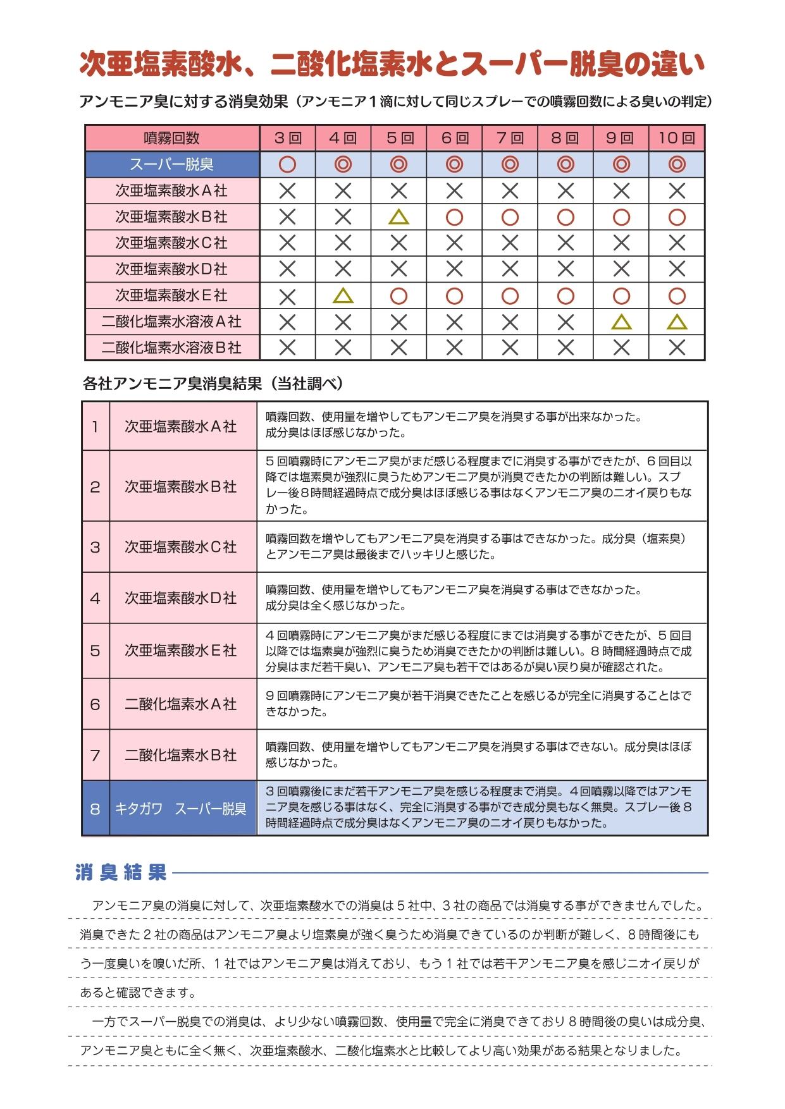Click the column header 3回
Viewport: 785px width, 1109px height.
click(287, 138)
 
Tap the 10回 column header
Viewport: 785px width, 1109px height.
click(676, 138)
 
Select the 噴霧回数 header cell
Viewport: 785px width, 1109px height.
click(171, 138)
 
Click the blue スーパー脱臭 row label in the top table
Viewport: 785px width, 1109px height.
click(171, 164)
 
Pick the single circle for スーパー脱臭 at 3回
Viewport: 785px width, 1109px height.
click(287, 165)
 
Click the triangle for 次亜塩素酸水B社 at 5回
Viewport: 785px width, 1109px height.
click(399, 218)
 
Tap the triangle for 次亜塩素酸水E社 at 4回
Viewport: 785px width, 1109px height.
click(343, 295)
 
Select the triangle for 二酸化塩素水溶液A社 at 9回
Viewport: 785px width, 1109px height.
click(621, 322)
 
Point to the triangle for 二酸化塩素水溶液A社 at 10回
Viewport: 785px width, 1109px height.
click(677, 322)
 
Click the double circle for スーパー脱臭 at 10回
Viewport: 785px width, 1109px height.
click(677, 165)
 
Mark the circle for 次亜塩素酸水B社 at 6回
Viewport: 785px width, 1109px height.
click(454, 218)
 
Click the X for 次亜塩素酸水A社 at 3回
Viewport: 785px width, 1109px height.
click(287, 191)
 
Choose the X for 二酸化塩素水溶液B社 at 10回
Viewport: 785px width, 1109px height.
click(677, 348)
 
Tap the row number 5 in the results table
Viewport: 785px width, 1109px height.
click(95, 651)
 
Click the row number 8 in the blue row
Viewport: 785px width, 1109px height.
click(95, 809)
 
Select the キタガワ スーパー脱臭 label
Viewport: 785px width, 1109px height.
click(181, 809)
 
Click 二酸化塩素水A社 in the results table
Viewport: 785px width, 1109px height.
click(181, 704)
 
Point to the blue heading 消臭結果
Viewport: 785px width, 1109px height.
click(121, 873)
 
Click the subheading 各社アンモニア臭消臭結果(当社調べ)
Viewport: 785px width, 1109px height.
click(213, 383)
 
